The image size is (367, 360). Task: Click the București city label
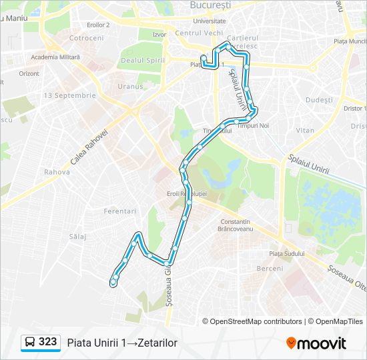[x=210, y=5]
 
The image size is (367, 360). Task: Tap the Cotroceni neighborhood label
[x=86, y=38]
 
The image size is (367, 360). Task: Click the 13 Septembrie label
[x=69, y=95]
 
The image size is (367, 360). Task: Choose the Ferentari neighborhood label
[x=120, y=211]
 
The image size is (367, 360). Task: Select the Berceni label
[x=270, y=269]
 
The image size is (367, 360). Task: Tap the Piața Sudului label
[x=286, y=253]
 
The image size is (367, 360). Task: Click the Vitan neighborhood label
[x=305, y=131]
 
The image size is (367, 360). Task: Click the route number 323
[x=47, y=341]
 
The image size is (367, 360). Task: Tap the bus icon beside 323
[x=30, y=342]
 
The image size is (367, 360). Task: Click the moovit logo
[x=316, y=343]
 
